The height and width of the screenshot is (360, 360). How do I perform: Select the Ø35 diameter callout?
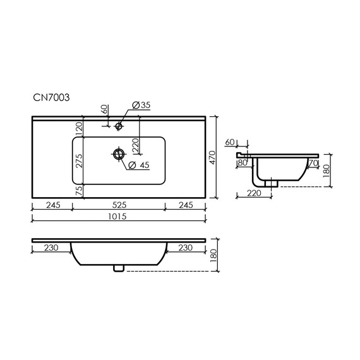tap(140, 105)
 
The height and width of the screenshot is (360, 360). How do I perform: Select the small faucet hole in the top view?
tap(118, 126)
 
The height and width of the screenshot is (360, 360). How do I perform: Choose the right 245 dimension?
tap(185, 205)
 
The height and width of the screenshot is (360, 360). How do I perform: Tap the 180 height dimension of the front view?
tap(213, 256)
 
